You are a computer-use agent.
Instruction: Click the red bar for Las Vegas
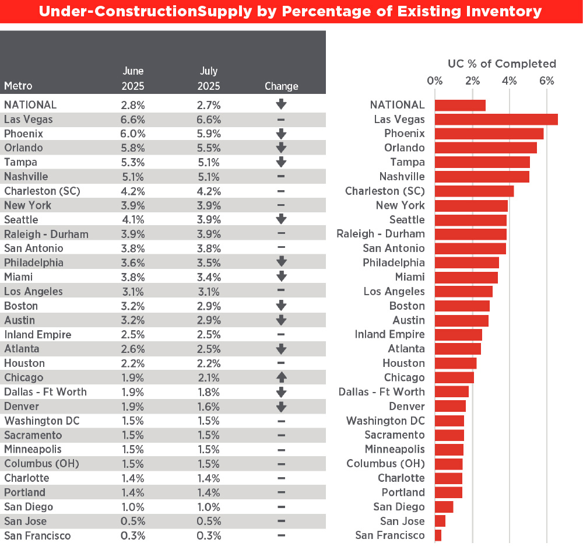496,120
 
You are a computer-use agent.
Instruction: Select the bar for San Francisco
438,535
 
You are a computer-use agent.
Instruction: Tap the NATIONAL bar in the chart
460,105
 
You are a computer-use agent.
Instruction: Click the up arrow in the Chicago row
281,377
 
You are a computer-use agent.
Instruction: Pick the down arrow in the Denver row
281,407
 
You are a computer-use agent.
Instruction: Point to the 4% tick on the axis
509,80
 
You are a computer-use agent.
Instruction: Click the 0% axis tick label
435,80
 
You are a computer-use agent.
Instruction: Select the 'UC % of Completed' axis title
501,64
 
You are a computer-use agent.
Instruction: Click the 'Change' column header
281,86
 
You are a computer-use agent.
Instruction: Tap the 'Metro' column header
18,86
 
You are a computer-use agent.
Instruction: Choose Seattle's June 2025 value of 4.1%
133,220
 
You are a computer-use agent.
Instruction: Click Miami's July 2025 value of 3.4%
208,277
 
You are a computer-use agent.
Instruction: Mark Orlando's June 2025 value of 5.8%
133,148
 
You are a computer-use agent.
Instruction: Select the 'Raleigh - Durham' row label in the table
46,235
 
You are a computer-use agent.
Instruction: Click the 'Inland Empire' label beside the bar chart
389,334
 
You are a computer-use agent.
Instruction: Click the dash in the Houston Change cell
281,363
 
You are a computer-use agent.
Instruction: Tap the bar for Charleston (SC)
474,191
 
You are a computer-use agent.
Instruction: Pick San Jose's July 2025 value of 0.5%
208,521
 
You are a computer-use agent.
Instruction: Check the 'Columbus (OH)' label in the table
41,464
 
